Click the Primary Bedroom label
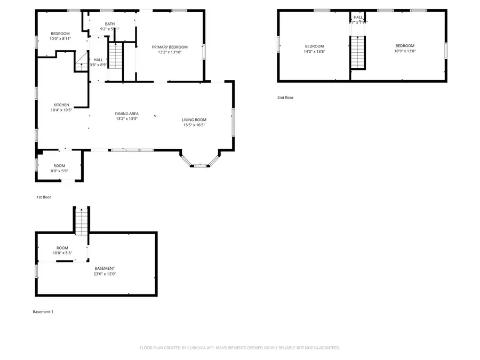[x=170, y=47]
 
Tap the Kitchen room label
[x=61, y=105]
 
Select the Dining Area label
[x=127, y=113]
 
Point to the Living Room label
[x=194, y=119]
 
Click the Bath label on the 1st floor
[x=109, y=23]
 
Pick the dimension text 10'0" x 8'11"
[x=60, y=38]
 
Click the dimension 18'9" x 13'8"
[x=404, y=51]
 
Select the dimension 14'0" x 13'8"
[x=314, y=51]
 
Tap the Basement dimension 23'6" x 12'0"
[x=105, y=274]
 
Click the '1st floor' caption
[x=44, y=197]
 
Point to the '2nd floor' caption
[x=285, y=98]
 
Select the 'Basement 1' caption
[x=43, y=311]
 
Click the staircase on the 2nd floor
[x=358, y=52]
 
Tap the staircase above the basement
[x=81, y=221]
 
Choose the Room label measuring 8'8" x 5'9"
[x=59, y=166]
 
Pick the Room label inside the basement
[x=62, y=248]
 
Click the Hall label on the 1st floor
[x=98, y=60]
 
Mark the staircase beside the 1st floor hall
[x=116, y=57]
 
